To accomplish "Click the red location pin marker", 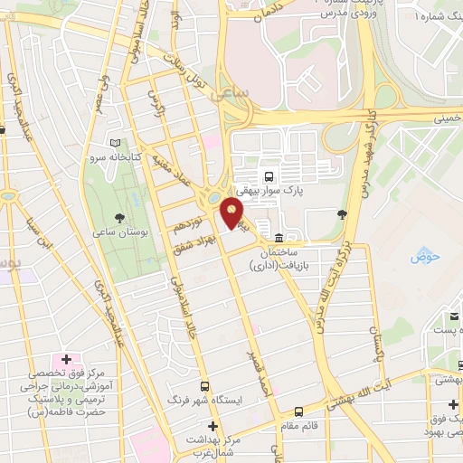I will point(232,215).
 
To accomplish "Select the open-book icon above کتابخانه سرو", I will point(115,142).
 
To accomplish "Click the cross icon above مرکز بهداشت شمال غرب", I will point(213,425).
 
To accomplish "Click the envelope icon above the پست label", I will point(453,317).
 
